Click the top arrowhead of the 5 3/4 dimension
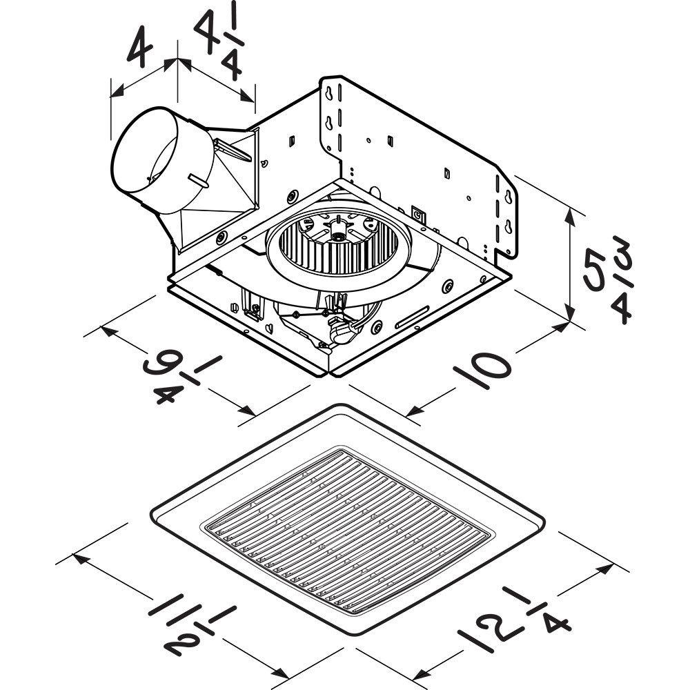click(x=570, y=214)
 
